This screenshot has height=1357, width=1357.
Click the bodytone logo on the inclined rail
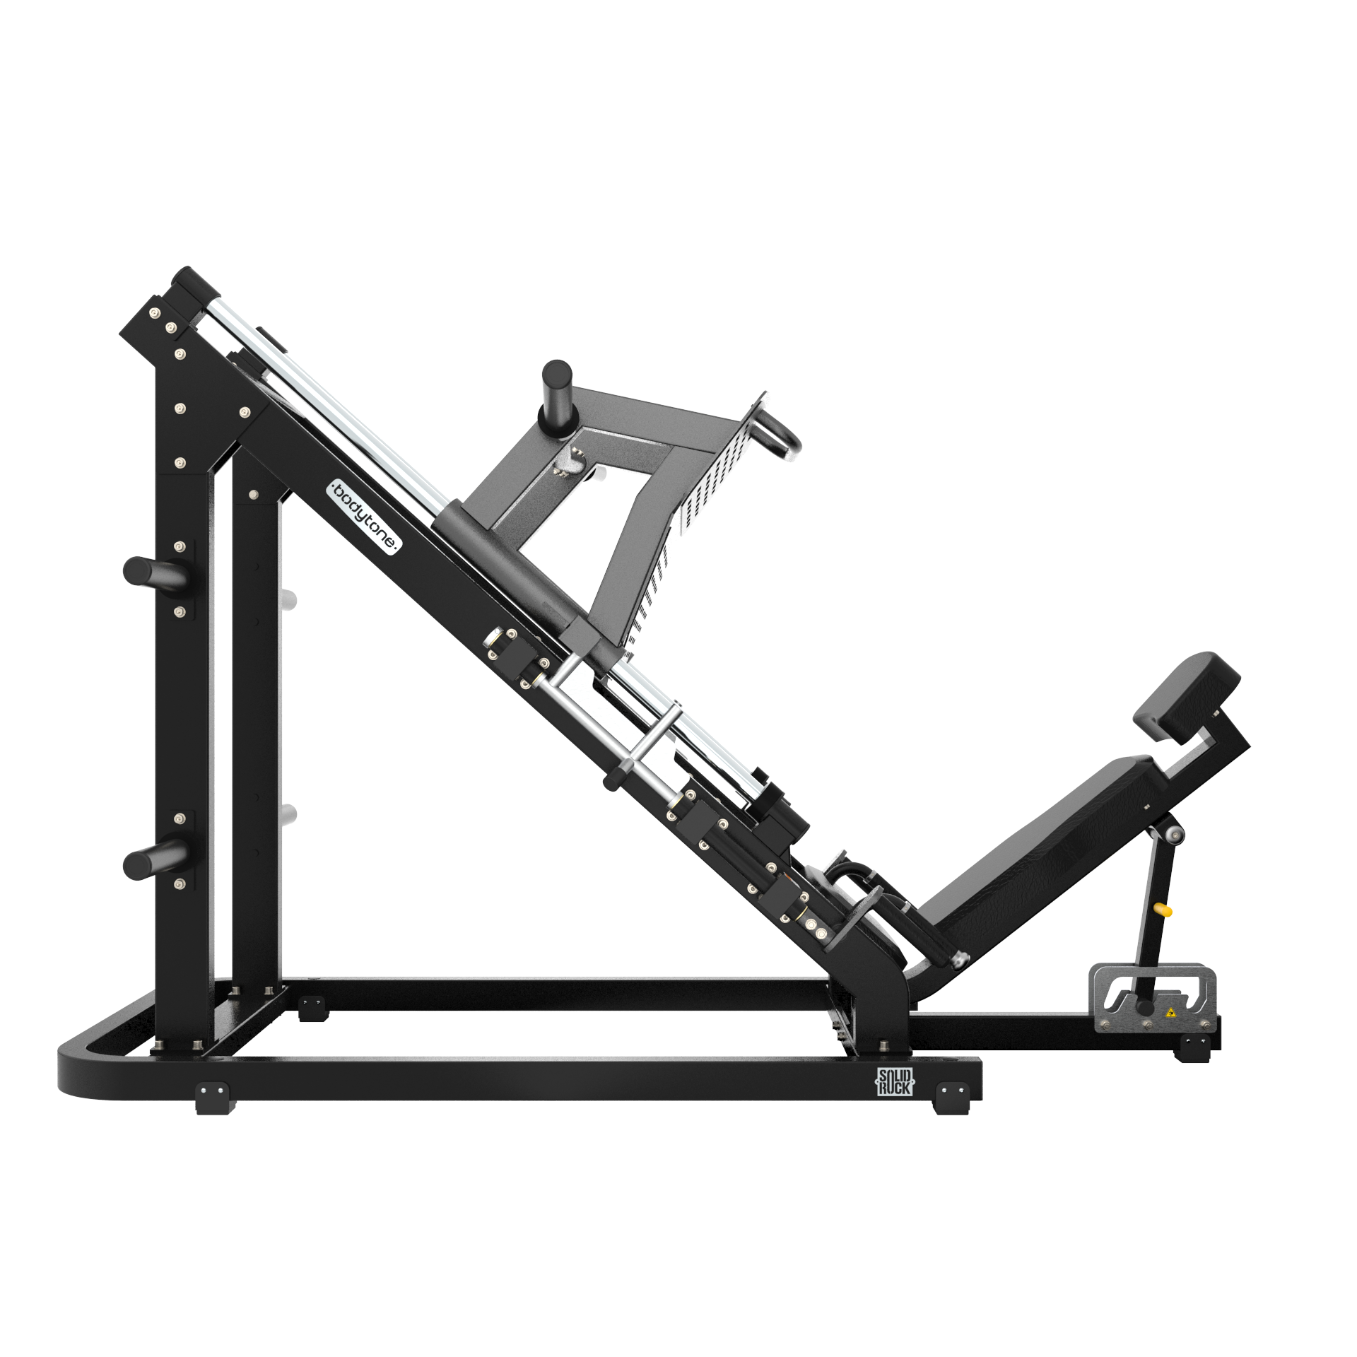point(365,517)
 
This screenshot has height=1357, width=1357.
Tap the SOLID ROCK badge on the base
point(895,1082)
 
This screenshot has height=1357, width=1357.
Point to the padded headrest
point(1187,695)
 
